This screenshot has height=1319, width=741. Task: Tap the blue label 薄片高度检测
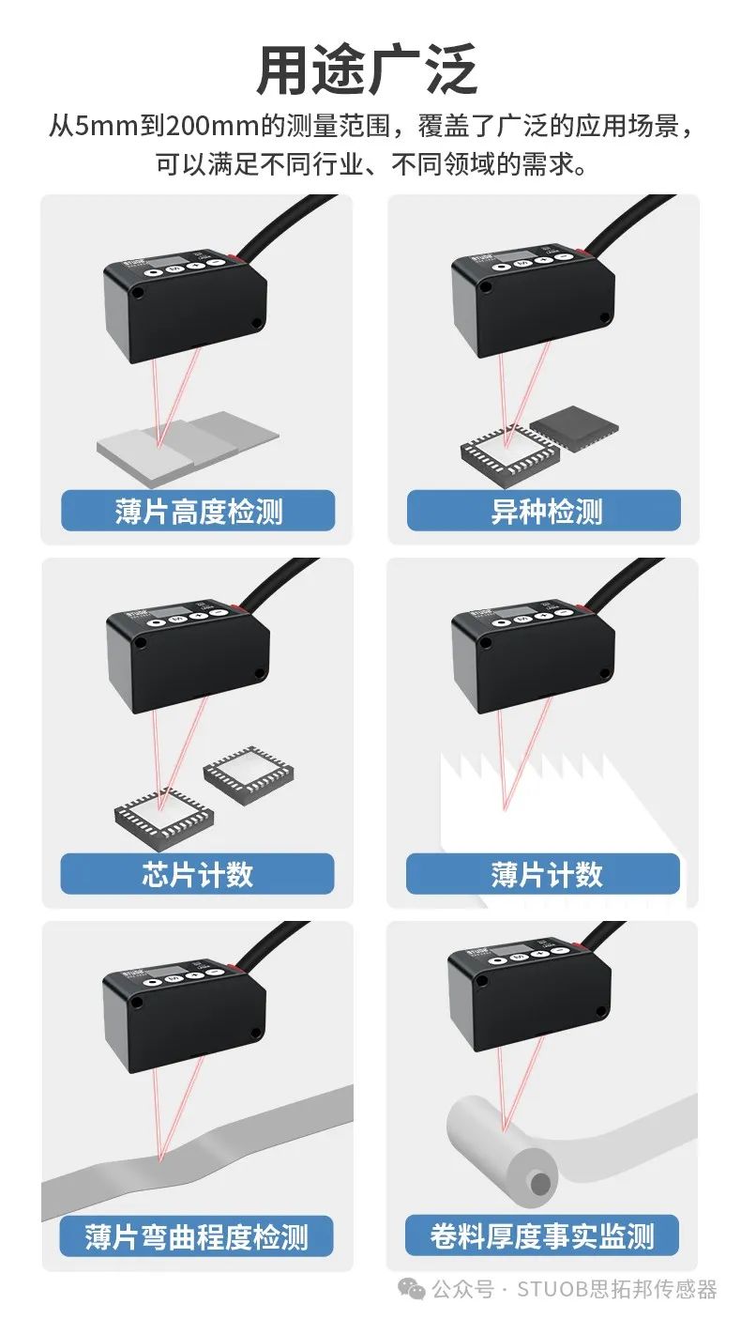click(198, 511)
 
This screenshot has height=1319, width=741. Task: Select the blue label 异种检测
click(544, 511)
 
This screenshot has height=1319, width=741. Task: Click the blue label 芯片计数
click(198, 874)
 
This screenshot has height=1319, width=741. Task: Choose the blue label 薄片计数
click(544, 874)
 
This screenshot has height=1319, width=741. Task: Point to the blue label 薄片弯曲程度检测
click(198, 1236)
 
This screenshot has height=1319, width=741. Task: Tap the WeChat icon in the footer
click(412, 1289)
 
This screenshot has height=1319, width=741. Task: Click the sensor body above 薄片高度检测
click(185, 305)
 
